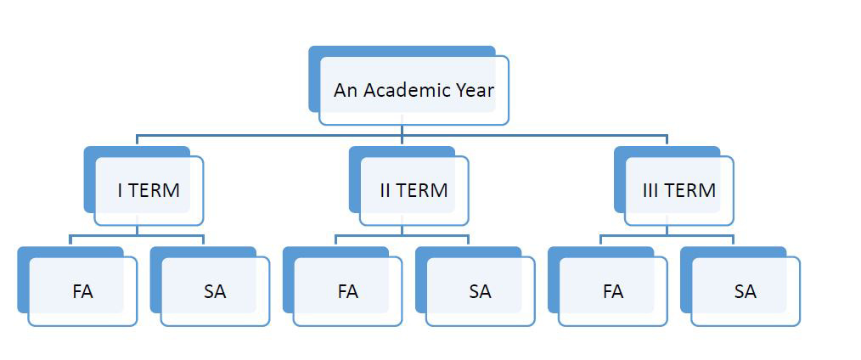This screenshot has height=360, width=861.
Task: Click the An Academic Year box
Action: point(414,90)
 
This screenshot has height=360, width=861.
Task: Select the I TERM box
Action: point(149,190)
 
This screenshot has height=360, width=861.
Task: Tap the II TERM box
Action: point(414,190)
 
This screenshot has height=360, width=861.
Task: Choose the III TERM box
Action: point(678,190)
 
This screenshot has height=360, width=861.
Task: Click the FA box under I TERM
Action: point(82,291)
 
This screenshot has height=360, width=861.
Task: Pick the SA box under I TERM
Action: point(215,291)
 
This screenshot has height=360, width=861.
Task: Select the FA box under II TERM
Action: point(347,291)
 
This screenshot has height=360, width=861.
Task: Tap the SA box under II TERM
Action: point(480,291)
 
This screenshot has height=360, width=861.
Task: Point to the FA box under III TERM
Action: point(612,291)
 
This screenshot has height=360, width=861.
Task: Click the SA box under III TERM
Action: point(745,291)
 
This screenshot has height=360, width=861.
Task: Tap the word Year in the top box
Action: point(474,90)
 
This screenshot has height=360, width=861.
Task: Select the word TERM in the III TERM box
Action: point(690,190)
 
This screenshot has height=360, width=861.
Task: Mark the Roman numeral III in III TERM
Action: point(650,190)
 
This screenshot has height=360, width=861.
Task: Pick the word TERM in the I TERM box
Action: point(154,190)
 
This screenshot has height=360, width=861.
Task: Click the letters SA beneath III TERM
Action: point(745,291)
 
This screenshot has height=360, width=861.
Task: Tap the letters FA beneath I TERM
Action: point(82,291)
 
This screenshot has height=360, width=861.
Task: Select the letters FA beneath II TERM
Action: point(347,291)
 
